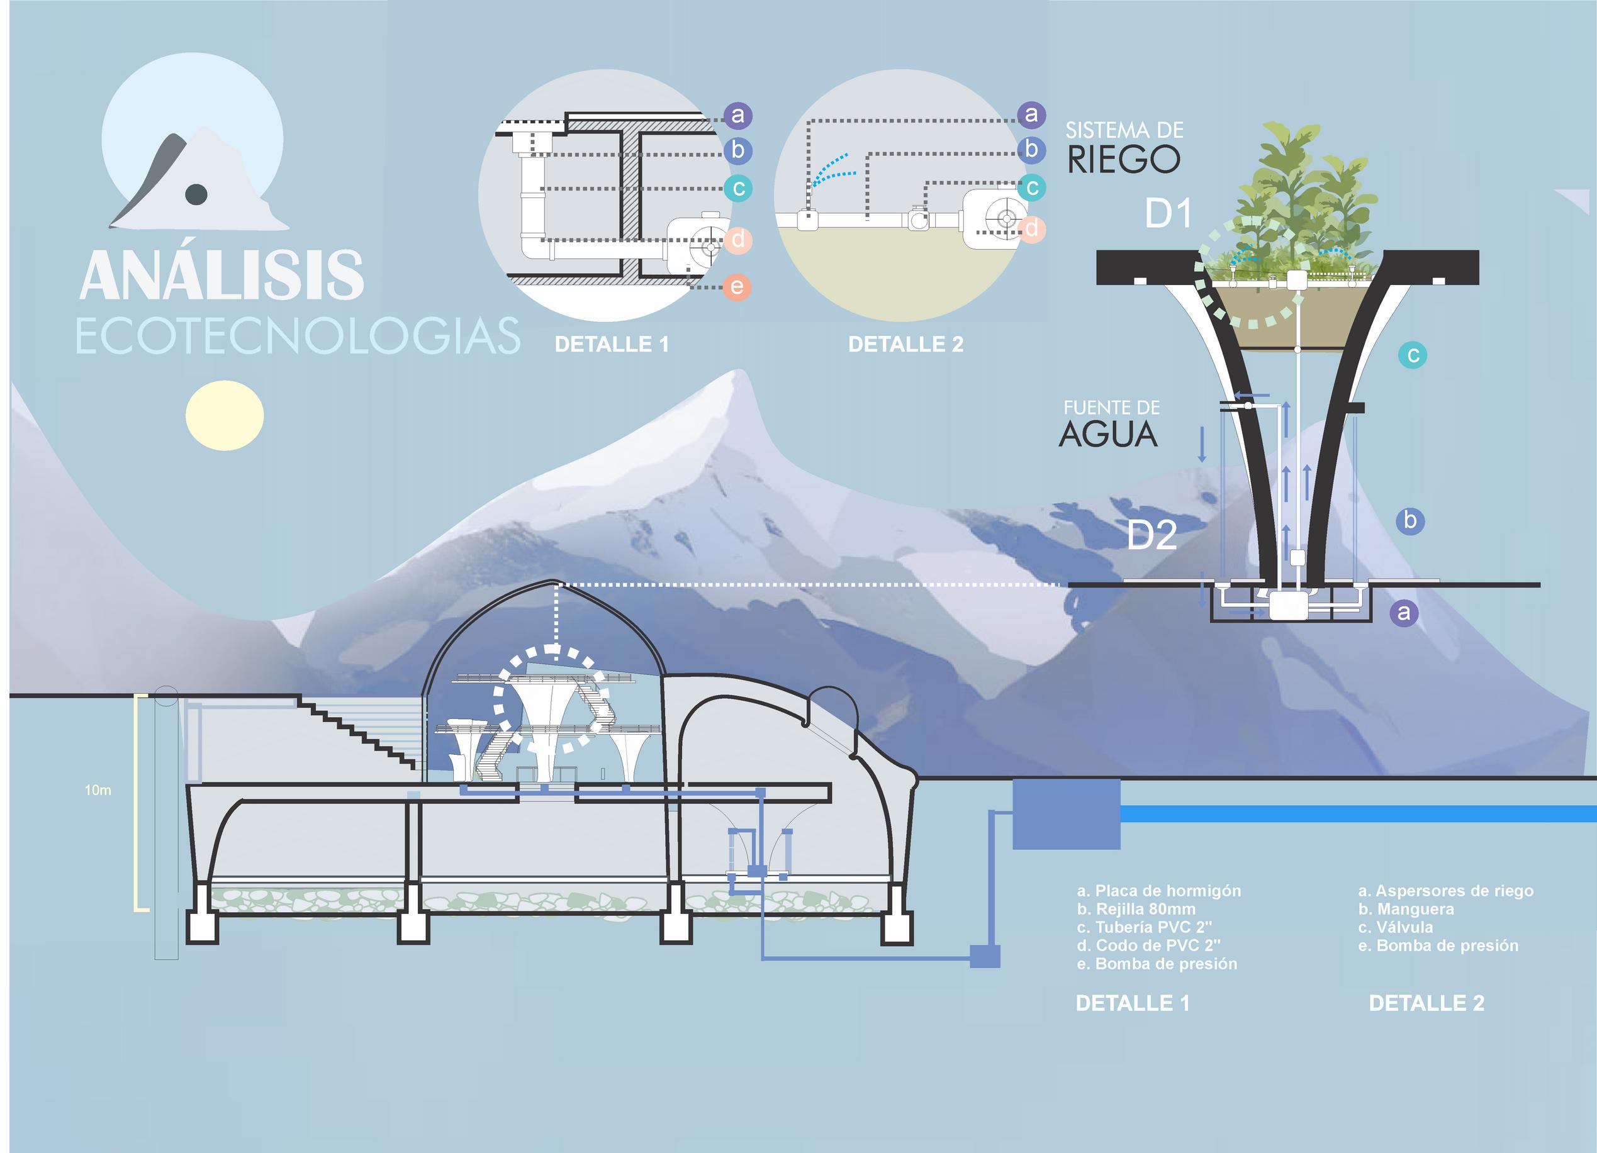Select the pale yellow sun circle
click(x=225, y=415)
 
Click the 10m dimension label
click(x=98, y=791)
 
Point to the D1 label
click(x=1168, y=213)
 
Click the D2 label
click(x=1152, y=536)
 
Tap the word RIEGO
click(x=1123, y=160)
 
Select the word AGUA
click(x=1108, y=434)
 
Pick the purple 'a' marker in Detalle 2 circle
click(x=1031, y=114)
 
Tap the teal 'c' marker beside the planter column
click(x=1413, y=355)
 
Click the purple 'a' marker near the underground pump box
click(x=1404, y=613)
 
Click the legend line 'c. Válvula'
click(x=1396, y=927)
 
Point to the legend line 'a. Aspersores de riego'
click(x=1445, y=891)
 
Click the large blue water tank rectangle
click(x=1066, y=814)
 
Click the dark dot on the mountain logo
click(x=196, y=194)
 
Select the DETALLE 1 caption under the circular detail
click(x=611, y=344)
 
